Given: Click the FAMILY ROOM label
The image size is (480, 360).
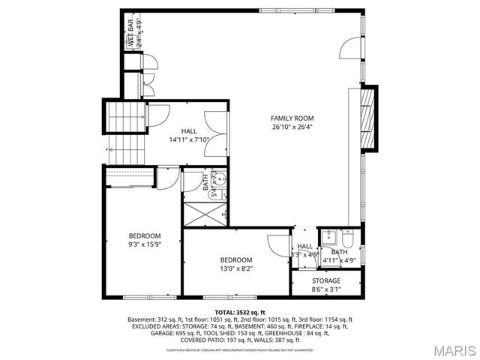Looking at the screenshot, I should [292, 118].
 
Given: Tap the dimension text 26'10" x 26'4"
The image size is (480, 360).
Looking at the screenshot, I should [292, 127].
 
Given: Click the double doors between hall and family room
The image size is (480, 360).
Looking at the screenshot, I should [218, 129].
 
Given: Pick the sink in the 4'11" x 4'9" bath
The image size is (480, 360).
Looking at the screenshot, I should [328, 237].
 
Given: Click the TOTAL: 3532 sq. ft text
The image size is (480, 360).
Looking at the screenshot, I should [239, 311].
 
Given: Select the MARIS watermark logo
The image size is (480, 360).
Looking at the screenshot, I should [448, 349].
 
